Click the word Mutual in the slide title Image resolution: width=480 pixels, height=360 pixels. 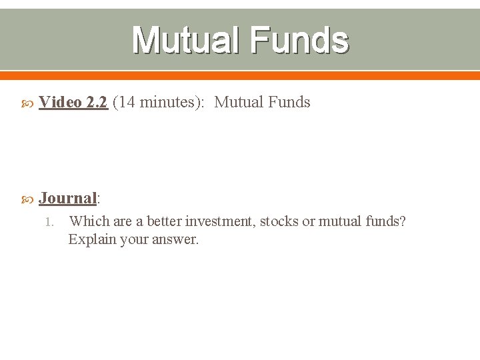pyautogui.click(x=186, y=40)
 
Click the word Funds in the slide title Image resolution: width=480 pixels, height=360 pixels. pyautogui.click(x=299, y=40)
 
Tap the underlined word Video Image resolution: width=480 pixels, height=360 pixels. pyautogui.click(x=61, y=102)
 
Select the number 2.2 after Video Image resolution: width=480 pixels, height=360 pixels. pyautogui.click(x=97, y=102)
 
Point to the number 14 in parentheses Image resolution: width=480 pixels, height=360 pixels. pyautogui.click(x=126, y=102)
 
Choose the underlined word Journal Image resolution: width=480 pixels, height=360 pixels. pyautogui.click(x=67, y=198)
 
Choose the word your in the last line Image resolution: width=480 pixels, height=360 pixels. pyautogui.click(x=135, y=239)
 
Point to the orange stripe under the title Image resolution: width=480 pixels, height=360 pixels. pyautogui.click(x=240, y=75)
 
